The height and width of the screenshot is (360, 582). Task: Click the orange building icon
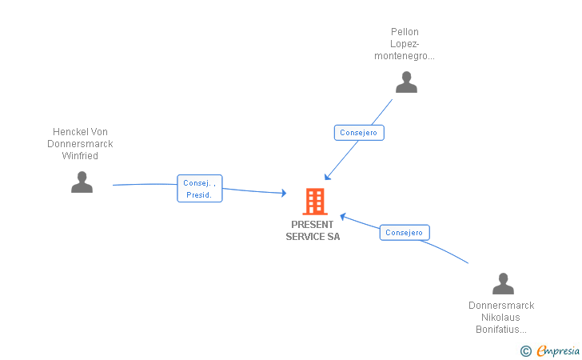pyautogui.click(x=315, y=202)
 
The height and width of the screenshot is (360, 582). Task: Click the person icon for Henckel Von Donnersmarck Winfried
pyautogui.click(x=82, y=182)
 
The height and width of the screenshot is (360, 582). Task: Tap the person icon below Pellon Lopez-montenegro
pyautogui.click(x=406, y=82)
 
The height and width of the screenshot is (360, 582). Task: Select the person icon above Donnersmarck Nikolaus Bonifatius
pyautogui.click(x=503, y=284)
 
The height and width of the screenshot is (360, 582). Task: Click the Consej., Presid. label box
pyautogui.click(x=199, y=189)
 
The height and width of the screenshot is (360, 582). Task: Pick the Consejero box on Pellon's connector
pyautogui.click(x=359, y=133)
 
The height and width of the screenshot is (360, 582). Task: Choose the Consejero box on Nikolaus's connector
pyautogui.click(x=404, y=233)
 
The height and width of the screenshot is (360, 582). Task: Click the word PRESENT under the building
pyautogui.click(x=313, y=225)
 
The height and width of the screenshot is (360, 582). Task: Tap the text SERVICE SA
pyautogui.click(x=313, y=237)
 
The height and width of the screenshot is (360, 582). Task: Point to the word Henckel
pyautogui.click(x=70, y=132)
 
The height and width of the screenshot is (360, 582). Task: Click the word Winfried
pyautogui.click(x=80, y=156)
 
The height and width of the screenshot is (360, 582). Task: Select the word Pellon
pyautogui.click(x=405, y=33)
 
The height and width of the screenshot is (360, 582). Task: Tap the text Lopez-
pyautogui.click(x=405, y=45)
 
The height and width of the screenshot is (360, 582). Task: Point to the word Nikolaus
pyautogui.click(x=501, y=318)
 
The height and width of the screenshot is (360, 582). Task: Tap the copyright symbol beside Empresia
pyautogui.click(x=525, y=350)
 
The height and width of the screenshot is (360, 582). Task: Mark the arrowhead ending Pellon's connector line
pyautogui.click(x=327, y=178)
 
